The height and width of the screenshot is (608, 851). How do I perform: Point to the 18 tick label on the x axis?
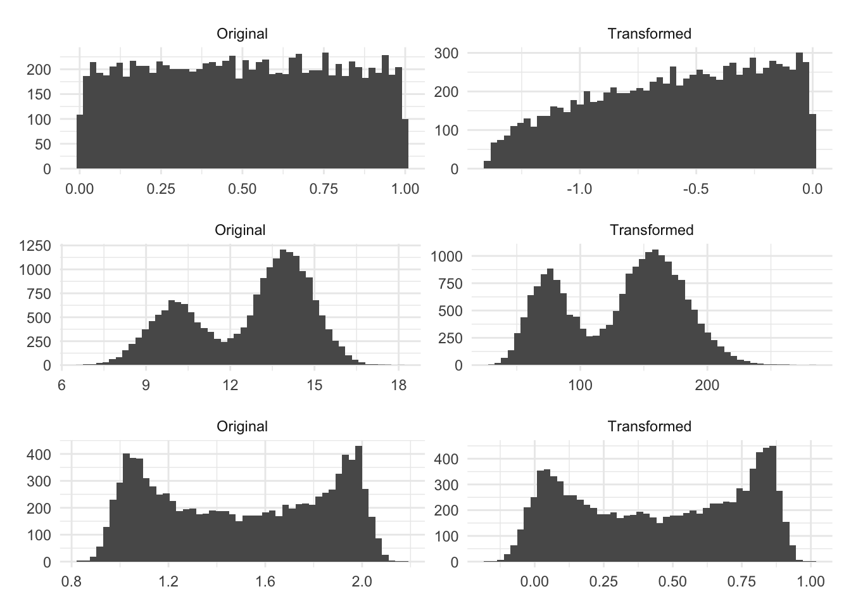399,385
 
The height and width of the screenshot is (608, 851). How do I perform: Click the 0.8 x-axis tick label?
72,581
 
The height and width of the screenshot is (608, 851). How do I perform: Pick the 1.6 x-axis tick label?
265,581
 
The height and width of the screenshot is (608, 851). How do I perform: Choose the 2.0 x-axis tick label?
362,581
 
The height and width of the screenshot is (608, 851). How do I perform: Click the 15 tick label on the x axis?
315,385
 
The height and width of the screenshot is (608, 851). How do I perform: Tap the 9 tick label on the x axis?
146,385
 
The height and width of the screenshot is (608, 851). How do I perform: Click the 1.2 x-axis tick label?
168,581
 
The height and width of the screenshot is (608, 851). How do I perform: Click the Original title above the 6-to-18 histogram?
240,230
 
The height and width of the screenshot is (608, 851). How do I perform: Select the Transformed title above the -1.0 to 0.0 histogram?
649,34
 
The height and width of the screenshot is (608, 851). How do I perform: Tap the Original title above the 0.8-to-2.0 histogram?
242,426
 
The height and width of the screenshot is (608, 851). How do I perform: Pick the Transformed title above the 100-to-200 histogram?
652,230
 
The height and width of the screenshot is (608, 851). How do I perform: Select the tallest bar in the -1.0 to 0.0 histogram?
799,111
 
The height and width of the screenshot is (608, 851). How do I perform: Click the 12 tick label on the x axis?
230,385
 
